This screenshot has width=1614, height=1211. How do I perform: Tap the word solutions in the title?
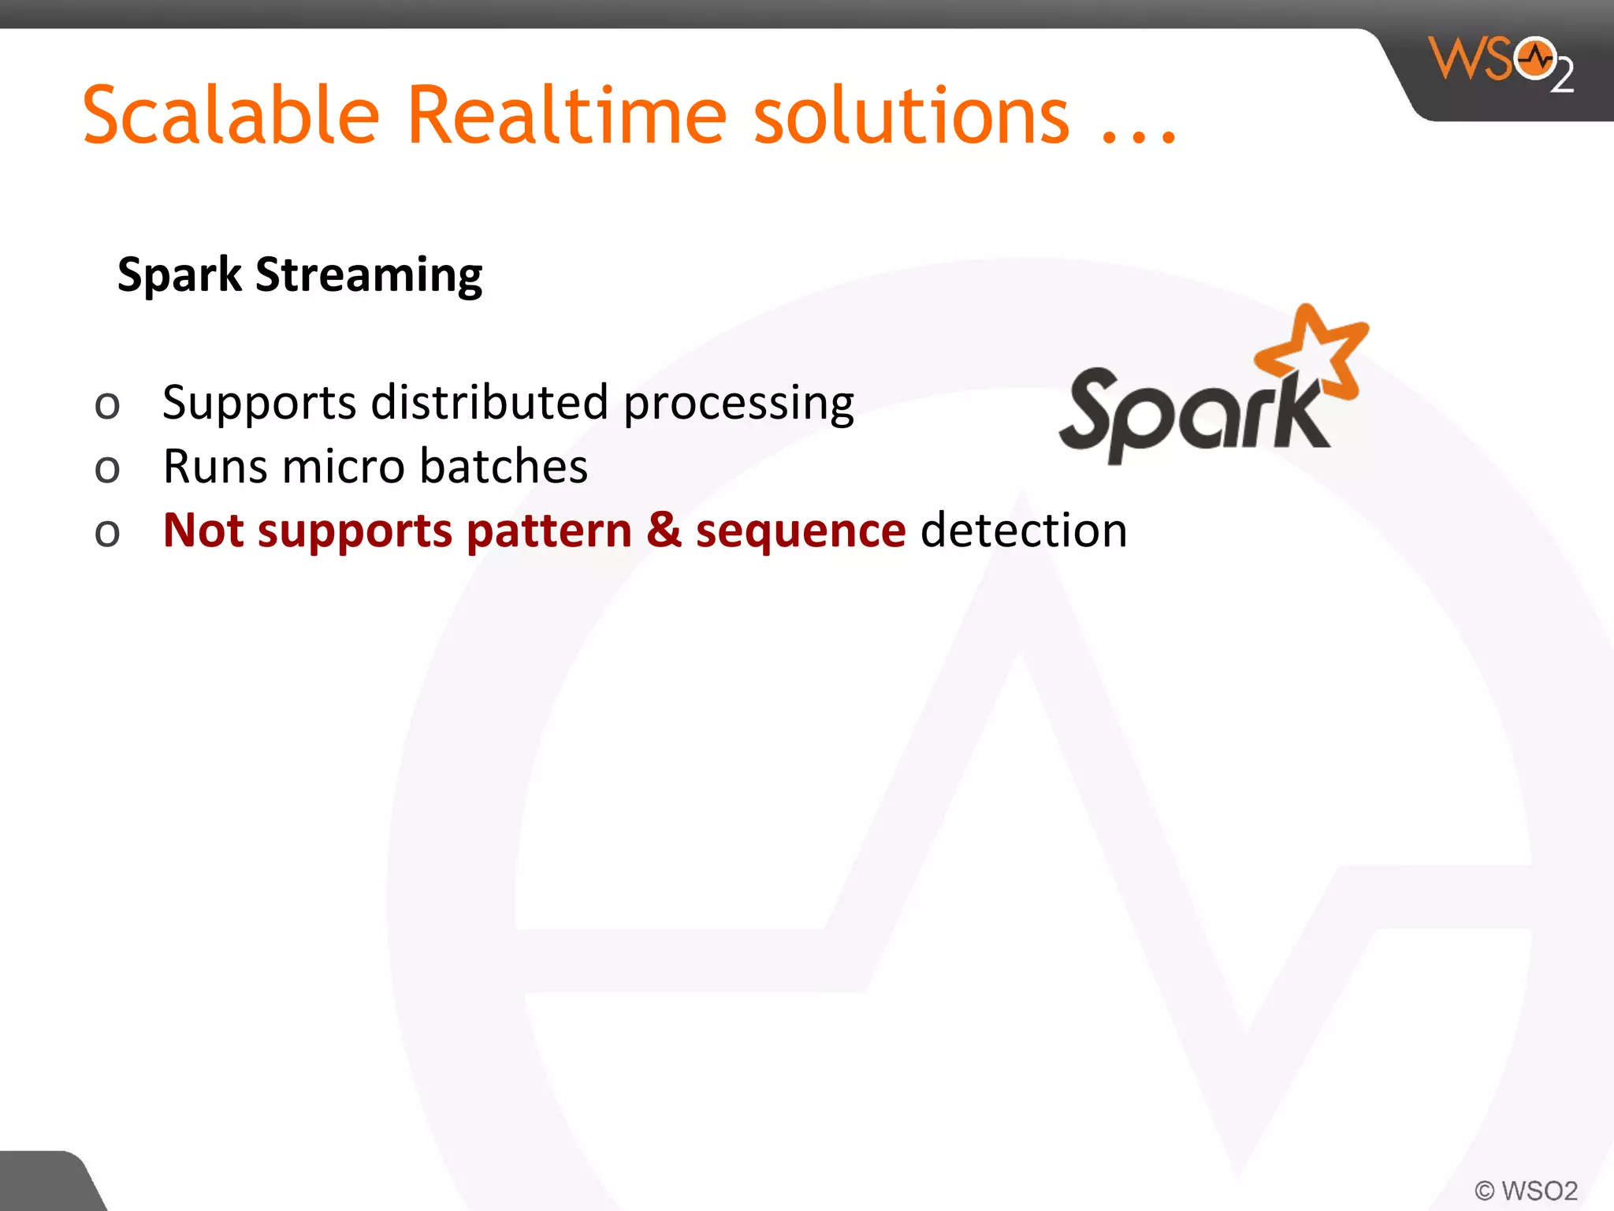[x=912, y=117]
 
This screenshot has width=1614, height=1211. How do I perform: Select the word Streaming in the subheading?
[x=369, y=275]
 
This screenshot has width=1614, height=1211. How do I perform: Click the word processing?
[x=738, y=404]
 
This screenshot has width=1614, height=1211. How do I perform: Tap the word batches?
[x=504, y=466]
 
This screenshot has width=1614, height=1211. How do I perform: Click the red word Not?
[x=203, y=530]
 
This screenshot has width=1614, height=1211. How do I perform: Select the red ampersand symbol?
[x=664, y=530]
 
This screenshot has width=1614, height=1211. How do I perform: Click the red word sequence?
[x=800, y=531]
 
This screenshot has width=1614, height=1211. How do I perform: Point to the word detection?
[x=1024, y=530]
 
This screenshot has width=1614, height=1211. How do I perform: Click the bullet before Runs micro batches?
[x=107, y=469]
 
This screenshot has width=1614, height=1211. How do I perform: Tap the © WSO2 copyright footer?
[x=1526, y=1190]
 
